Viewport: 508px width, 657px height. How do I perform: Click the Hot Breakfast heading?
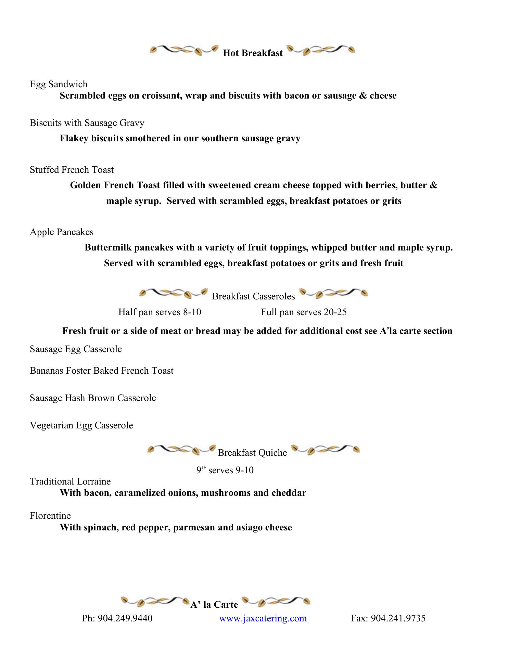pyautogui.click(x=253, y=53)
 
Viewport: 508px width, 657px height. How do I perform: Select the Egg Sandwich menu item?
pyautogui.click(x=59, y=84)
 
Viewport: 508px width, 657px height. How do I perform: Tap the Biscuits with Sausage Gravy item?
pyautogui.click(x=87, y=123)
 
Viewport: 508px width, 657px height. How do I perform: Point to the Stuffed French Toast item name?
pyautogui.click(x=72, y=170)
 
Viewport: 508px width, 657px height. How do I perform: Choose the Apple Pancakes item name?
pyautogui.click(x=62, y=232)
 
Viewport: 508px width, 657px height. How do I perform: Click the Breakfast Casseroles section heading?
pyautogui.click(x=253, y=296)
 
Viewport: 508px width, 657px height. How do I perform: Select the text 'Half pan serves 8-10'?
pyautogui.click(x=160, y=312)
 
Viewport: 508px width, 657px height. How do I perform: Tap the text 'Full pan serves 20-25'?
pyautogui.click(x=304, y=312)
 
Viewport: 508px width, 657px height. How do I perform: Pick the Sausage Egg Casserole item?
pyautogui.click(x=76, y=349)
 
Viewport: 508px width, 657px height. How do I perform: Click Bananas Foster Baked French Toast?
pyautogui.click(x=101, y=371)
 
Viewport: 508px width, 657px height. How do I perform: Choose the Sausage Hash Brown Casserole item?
pyautogui.click(x=93, y=398)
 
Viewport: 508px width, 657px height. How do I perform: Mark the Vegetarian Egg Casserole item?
pyautogui.click(x=81, y=425)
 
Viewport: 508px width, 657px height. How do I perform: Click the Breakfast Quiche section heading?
pyautogui.click(x=252, y=453)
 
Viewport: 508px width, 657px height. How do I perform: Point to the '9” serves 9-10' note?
pyautogui.click(x=225, y=470)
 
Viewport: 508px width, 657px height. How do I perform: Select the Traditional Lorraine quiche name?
pyautogui.click(x=70, y=481)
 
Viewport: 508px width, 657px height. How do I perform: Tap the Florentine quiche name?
pyautogui.click(x=50, y=516)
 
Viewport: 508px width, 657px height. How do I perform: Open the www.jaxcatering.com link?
pyautogui.click(x=263, y=618)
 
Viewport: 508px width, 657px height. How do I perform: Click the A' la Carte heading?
pyautogui.click(x=214, y=605)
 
